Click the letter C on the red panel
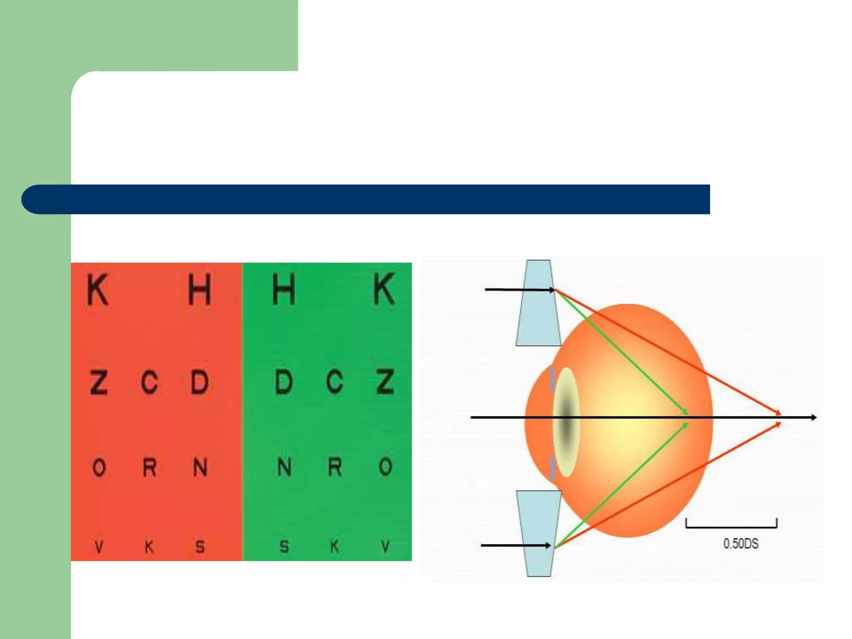149,381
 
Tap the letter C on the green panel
335,381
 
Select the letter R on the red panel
149,467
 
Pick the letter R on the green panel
335,467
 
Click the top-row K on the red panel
98,290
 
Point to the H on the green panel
284,290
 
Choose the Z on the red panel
99,381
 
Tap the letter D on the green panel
284,381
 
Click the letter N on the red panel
200,467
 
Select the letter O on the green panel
386,467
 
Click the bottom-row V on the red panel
99,546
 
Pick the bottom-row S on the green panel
284,546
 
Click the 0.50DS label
741,544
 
